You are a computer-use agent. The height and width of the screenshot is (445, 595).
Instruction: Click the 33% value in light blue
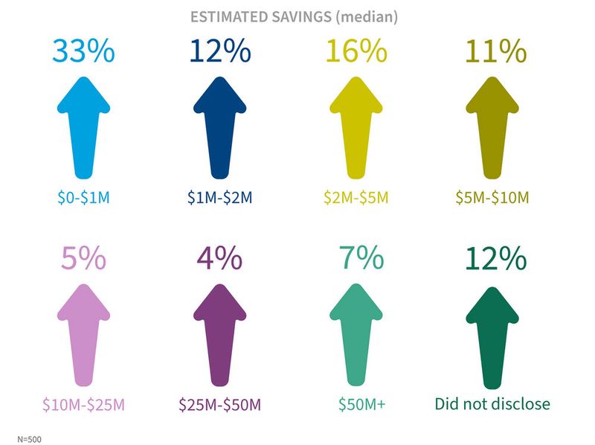83,51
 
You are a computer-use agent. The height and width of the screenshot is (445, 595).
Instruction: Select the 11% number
496,51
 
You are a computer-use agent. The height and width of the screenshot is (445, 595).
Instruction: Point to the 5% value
83,259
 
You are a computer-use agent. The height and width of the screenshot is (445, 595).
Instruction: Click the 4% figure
219,259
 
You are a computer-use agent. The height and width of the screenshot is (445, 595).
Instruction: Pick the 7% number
360,259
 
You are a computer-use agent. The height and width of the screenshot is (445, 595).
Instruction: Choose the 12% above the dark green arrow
496,259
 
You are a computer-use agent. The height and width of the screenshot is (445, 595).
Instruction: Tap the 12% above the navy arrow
219,51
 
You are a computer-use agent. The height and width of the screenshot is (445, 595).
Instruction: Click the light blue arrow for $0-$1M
83,127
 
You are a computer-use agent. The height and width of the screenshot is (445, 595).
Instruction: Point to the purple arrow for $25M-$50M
219,335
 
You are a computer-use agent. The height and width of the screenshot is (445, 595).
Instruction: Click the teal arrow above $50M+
360,335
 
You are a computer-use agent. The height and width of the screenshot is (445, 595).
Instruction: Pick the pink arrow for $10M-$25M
83,335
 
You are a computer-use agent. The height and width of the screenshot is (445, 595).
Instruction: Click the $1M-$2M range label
219,198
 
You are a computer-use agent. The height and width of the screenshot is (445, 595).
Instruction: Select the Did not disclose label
492,404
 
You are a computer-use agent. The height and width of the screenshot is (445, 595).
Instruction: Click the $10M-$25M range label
83,405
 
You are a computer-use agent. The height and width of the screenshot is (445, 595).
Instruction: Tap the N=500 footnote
29,439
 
